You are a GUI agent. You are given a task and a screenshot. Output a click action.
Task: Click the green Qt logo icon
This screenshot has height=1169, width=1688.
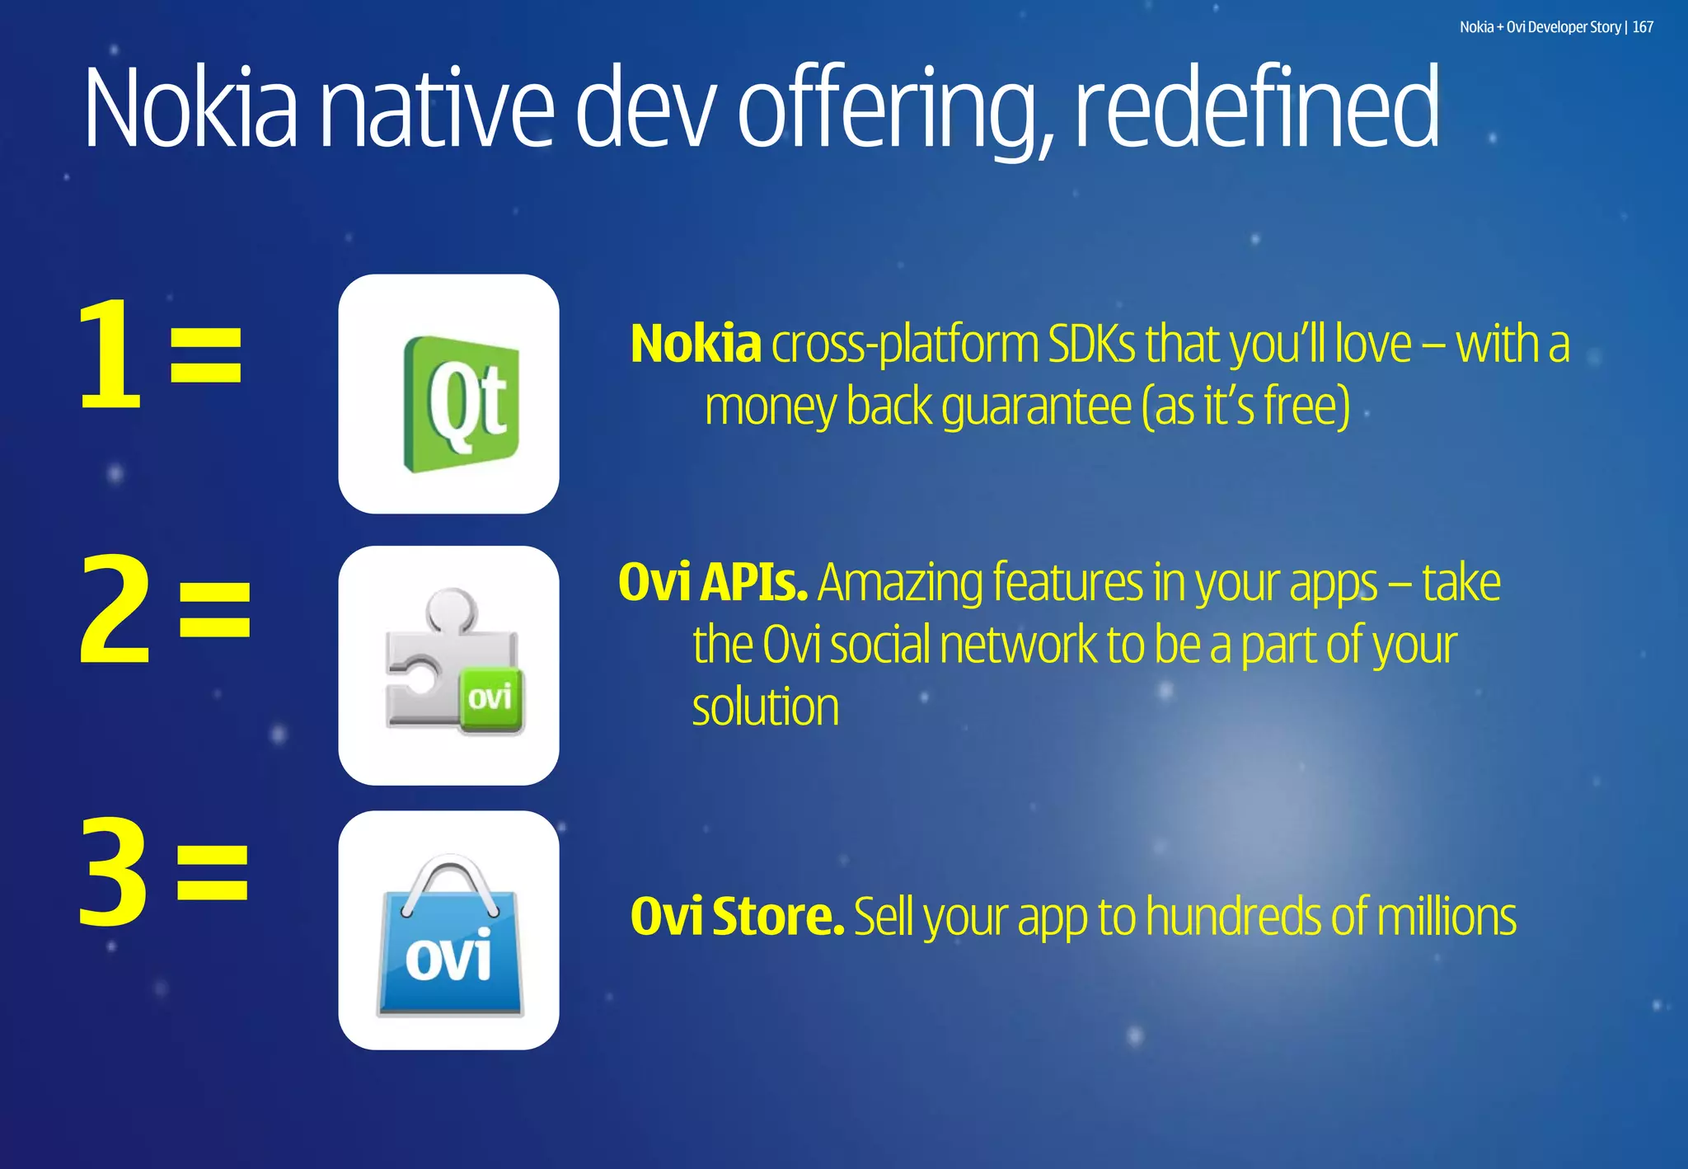[x=461, y=403]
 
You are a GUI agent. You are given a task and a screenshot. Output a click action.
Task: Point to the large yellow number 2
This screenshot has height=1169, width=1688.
[x=115, y=610]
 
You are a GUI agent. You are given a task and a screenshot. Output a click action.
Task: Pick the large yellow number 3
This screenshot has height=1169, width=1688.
[x=114, y=872]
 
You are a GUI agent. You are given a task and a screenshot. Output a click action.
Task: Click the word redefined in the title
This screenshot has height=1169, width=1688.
[x=1256, y=108]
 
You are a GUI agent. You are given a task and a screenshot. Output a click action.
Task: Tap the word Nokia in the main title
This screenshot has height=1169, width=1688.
[x=190, y=108]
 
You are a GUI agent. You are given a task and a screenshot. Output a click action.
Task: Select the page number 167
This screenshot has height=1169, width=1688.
[x=1643, y=27]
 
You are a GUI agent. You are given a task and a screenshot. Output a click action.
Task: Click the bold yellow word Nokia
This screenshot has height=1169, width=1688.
[x=695, y=344]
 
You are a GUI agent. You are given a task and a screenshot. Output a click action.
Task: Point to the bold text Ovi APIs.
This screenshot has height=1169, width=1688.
[x=712, y=582]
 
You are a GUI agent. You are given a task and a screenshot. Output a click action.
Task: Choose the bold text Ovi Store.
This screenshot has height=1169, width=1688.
[x=737, y=916]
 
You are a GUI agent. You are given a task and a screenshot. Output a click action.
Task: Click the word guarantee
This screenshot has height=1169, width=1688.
[x=1036, y=406]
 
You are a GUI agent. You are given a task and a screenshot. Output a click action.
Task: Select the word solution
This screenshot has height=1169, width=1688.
[x=765, y=707]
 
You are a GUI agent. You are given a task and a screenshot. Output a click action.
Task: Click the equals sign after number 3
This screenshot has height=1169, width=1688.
[x=213, y=872]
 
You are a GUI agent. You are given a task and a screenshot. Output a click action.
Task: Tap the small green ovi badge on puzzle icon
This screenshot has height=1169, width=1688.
[x=490, y=700]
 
